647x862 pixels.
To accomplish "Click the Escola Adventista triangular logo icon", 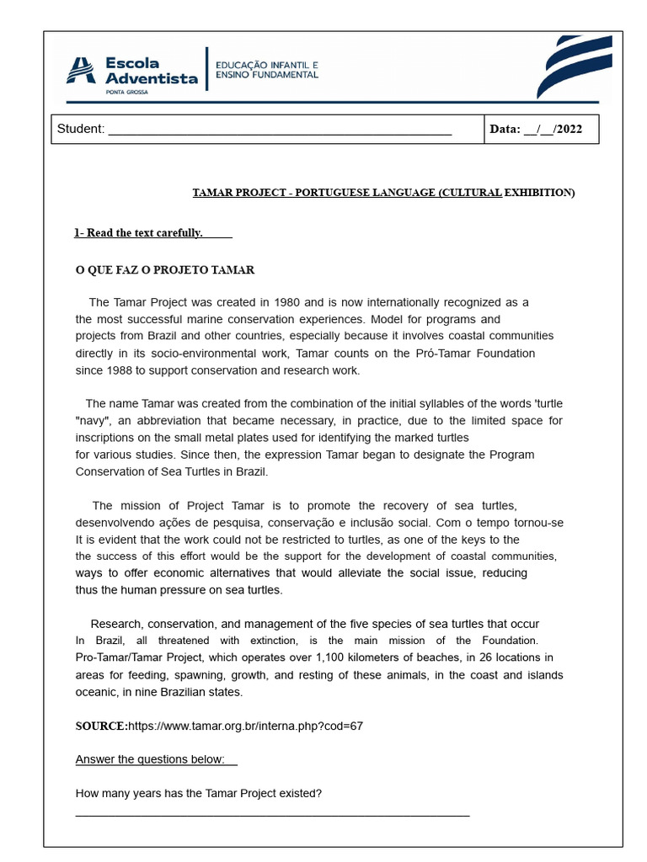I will [82, 70].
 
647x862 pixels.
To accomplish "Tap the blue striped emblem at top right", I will [575, 67].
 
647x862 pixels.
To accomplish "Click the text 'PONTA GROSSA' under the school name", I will [126, 93].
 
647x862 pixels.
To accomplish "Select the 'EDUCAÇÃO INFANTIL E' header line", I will [267, 64].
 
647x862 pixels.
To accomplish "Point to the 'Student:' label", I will [81, 129].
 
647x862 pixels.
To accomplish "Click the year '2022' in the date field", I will [568, 129].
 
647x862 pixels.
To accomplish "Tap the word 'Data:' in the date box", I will [505, 129].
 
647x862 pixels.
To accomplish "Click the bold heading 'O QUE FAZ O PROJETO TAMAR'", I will [165, 270].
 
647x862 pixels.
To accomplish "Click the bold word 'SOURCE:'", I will [102, 726].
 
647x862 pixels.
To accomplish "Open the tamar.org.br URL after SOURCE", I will [246, 726].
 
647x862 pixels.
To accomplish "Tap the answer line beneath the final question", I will [272, 815].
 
